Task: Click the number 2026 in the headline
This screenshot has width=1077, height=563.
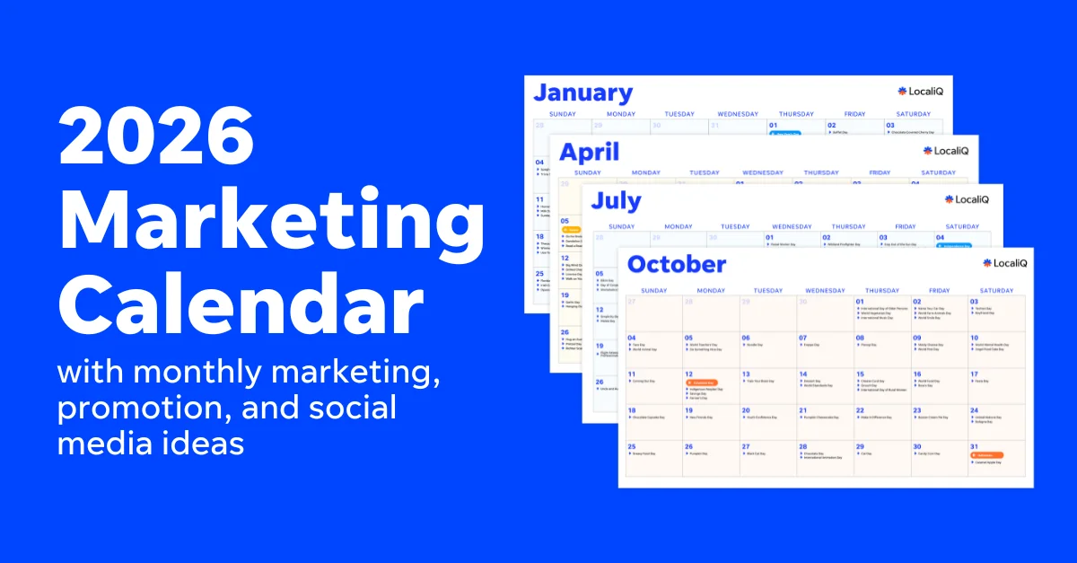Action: (x=158, y=136)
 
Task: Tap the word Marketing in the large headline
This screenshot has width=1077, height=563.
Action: (x=271, y=218)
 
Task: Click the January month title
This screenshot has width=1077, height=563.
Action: (x=582, y=92)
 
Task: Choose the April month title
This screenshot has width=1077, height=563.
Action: (x=589, y=151)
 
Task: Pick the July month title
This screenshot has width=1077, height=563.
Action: (x=616, y=201)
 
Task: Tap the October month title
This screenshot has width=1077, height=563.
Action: (x=676, y=264)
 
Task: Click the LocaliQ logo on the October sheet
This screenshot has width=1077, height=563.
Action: (x=1004, y=263)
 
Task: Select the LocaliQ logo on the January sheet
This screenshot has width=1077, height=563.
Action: (x=919, y=91)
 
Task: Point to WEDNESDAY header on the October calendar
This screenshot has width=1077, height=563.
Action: (x=825, y=290)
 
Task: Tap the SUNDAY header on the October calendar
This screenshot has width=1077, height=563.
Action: (x=652, y=290)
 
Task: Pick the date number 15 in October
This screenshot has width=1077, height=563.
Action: (x=860, y=374)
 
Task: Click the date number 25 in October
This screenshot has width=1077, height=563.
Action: (x=631, y=445)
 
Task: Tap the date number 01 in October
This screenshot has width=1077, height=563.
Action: (x=860, y=302)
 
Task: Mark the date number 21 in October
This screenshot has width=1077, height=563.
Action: (x=802, y=409)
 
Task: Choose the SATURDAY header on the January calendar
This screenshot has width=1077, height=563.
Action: (x=913, y=114)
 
